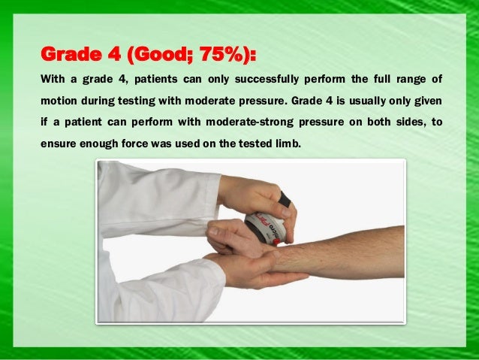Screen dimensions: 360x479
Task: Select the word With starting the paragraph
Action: [x=52, y=78]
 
